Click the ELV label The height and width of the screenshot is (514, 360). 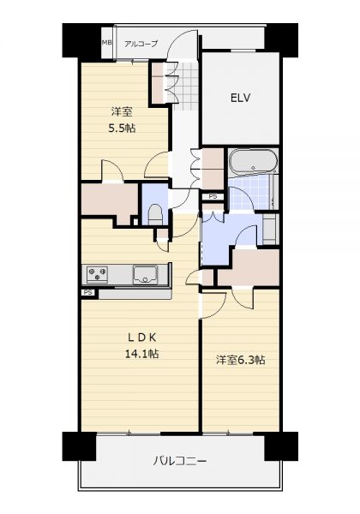240,98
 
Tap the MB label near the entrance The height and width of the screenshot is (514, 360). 107,43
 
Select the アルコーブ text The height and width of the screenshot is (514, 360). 141,44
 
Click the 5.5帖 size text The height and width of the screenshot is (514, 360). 122,128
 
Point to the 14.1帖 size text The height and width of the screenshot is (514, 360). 141,353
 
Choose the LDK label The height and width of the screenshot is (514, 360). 142,337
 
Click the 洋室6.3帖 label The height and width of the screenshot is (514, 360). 240,360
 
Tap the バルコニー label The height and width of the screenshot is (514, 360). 180,462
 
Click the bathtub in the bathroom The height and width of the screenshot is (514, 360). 253,162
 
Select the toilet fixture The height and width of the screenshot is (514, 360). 155,214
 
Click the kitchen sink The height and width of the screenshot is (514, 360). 145,275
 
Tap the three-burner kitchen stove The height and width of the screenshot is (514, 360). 97,275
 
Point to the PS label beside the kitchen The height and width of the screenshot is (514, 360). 87,292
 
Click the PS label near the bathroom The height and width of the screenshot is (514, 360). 213,197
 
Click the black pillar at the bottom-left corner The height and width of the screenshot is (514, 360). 79,446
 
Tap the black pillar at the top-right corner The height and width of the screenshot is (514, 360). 281,40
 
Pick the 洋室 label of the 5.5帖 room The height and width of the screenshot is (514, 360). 122,111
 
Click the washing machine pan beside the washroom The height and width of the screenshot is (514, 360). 271,229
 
